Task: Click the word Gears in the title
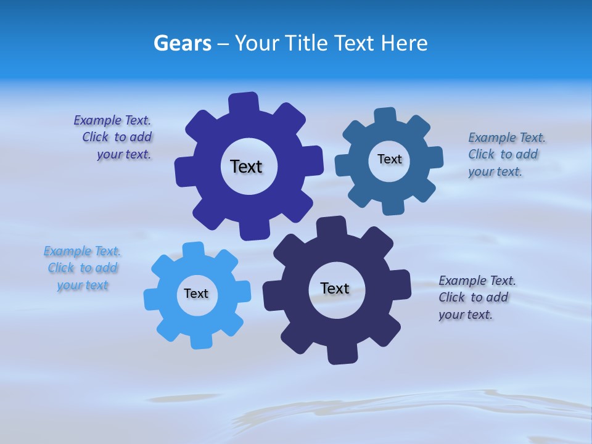(x=183, y=43)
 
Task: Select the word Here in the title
(x=404, y=43)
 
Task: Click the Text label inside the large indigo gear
(x=246, y=166)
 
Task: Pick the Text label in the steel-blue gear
(x=389, y=159)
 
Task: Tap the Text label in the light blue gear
(x=196, y=294)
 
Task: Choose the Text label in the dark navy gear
(x=335, y=288)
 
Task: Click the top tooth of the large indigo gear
(x=244, y=102)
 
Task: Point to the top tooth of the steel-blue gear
(x=385, y=115)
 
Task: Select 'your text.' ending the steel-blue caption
(x=495, y=171)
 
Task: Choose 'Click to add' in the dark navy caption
(x=473, y=297)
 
